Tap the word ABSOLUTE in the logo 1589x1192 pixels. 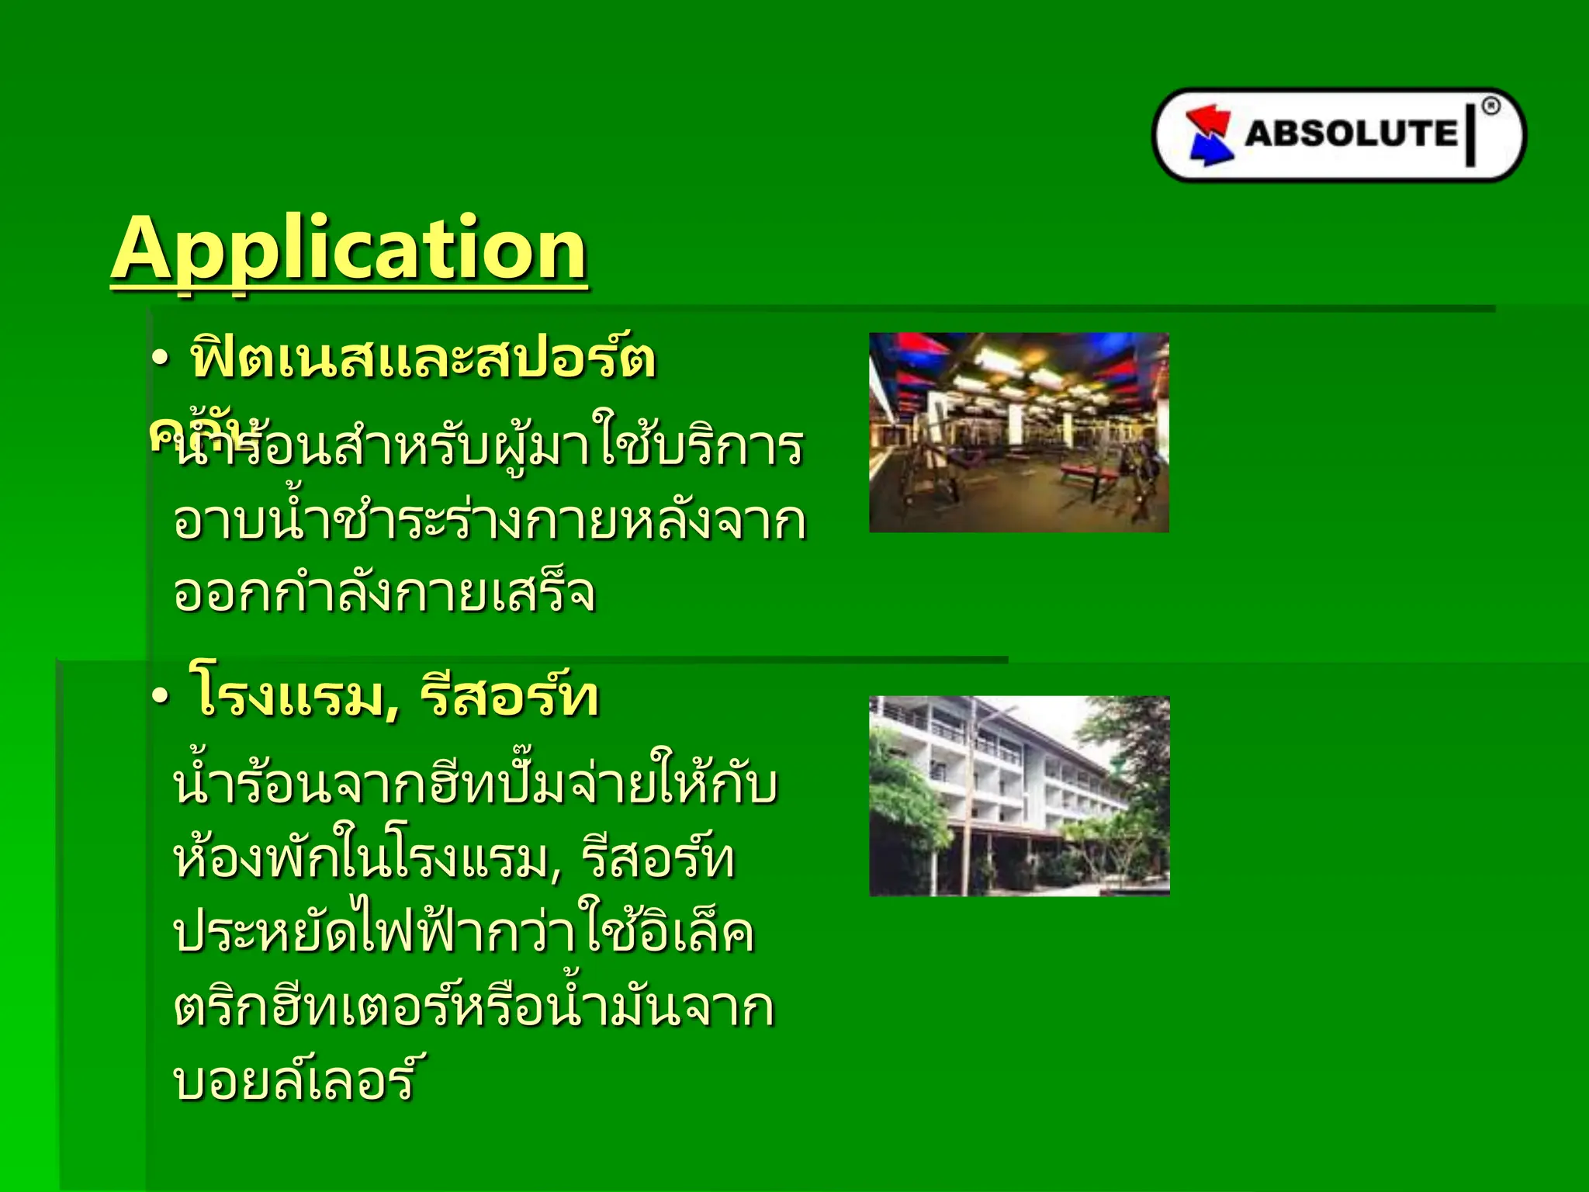(1351, 133)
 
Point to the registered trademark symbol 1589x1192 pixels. (1490, 107)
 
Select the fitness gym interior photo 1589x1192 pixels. (1019, 432)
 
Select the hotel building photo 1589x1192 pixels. (1019, 795)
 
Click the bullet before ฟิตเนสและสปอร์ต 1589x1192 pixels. (160, 359)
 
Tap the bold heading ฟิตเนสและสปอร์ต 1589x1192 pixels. (423, 359)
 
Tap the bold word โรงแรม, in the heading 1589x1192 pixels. (295, 696)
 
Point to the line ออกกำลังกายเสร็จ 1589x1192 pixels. (384, 594)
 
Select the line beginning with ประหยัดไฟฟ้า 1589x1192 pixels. (463, 933)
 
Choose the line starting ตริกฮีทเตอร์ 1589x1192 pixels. (473, 1007)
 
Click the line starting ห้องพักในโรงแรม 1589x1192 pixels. (454, 860)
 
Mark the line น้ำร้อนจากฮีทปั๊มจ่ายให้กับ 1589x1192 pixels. (475, 785)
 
